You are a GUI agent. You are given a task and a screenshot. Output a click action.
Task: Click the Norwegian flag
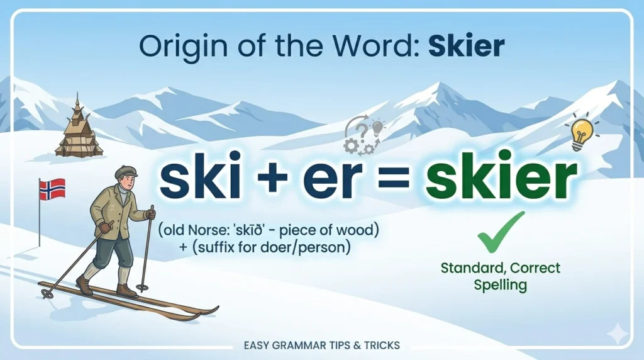pyautogui.click(x=53, y=189)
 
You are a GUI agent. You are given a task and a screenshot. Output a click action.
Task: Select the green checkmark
pyautogui.click(x=501, y=232)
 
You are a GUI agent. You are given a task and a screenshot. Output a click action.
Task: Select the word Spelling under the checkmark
pyautogui.click(x=501, y=284)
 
